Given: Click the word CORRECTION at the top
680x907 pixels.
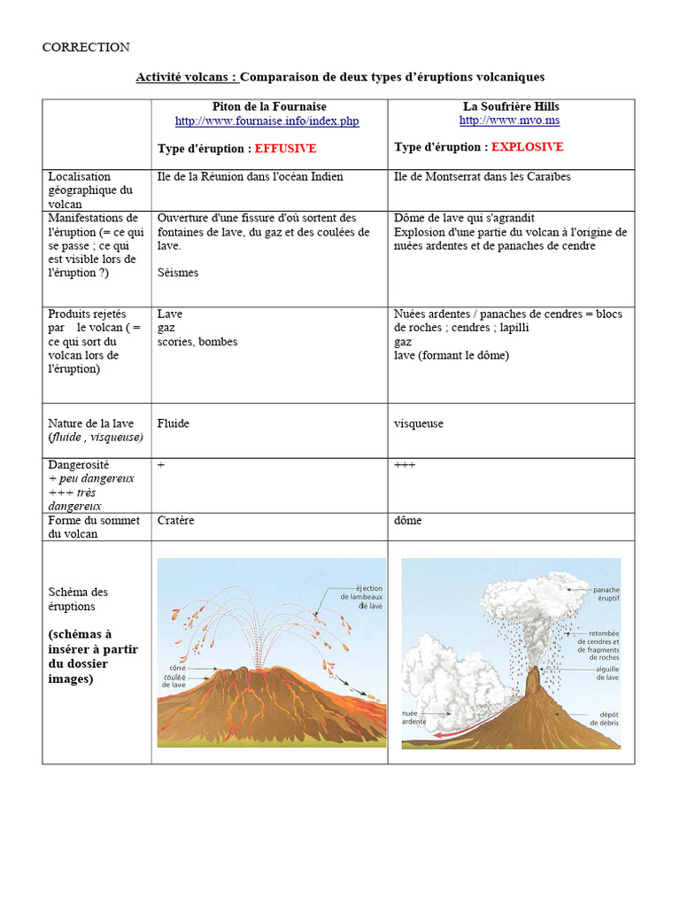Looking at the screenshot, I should (86, 47).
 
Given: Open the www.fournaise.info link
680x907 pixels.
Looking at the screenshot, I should (267, 121).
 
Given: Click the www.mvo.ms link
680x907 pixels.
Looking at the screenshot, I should (509, 120).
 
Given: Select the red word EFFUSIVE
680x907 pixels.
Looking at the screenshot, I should (285, 149).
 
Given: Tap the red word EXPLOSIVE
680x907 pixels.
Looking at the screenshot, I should (527, 147).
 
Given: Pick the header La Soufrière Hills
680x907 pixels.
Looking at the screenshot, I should (511, 106).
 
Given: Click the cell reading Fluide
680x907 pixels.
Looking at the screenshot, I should (174, 423).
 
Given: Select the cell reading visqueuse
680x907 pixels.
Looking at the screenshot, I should (419, 423).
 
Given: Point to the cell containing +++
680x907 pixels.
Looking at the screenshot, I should (405, 465).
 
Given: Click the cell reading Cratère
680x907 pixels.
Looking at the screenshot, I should (176, 521).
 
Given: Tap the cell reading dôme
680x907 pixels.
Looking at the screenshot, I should (408, 521).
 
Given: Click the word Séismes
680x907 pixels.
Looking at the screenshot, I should (178, 273).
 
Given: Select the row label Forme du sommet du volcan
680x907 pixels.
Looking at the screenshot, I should (94, 527).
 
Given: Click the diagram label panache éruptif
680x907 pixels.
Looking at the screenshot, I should (607, 594).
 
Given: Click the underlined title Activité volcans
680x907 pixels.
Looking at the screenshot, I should (187, 77).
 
